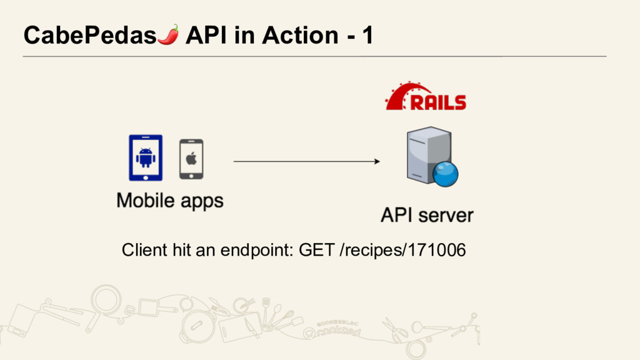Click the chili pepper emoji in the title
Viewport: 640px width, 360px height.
tap(168, 35)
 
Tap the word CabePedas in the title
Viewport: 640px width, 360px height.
tap(89, 36)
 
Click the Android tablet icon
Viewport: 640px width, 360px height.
tap(145, 157)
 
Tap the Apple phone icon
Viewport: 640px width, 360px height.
tap(191, 159)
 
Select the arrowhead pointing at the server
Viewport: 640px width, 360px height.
tap(376, 161)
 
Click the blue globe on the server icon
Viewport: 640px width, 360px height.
tap(445, 174)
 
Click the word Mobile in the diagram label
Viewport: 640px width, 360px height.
tap(144, 201)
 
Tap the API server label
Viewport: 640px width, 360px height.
tap(427, 216)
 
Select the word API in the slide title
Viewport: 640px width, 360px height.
tap(208, 36)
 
